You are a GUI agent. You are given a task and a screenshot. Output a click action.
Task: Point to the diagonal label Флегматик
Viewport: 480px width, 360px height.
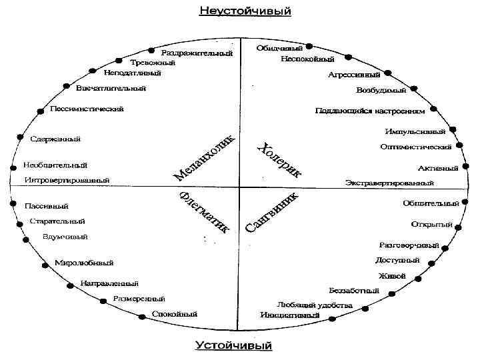click(205, 213)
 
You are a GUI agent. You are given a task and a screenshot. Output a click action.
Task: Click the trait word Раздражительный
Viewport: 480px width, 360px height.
click(197, 53)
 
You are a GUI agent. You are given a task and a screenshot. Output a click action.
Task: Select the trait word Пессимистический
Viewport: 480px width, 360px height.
click(87, 109)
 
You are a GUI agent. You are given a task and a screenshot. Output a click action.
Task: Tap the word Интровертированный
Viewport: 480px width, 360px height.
click(67, 180)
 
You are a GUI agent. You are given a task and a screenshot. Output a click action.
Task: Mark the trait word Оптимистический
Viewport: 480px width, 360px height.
click(416, 146)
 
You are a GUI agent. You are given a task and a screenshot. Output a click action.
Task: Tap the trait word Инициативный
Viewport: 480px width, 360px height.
click(290, 315)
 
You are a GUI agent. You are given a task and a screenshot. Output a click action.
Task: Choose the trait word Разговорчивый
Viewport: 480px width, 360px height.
click(409, 245)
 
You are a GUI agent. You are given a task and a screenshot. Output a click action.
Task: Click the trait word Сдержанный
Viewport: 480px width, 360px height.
click(55, 139)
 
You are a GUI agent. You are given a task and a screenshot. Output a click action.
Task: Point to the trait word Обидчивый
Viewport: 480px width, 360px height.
click(279, 48)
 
